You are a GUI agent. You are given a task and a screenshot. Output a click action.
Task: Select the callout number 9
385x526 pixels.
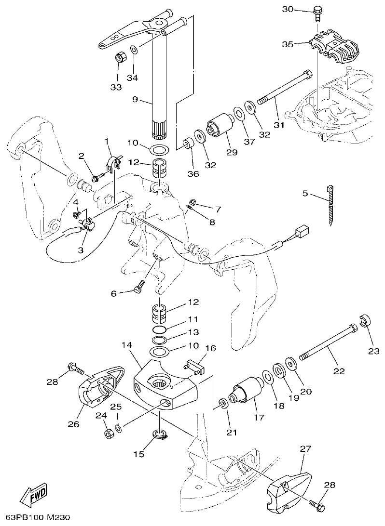coord(135,100)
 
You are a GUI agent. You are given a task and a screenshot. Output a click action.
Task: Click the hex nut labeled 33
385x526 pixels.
coord(121,57)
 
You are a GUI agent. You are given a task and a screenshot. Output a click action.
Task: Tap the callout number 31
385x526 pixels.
coord(279,124)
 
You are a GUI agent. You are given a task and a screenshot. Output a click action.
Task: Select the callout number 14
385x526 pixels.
coord(127,345)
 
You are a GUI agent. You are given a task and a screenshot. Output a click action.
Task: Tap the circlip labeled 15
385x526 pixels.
coord(161,435)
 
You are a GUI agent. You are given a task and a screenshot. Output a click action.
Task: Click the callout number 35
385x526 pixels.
coord(288,44)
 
